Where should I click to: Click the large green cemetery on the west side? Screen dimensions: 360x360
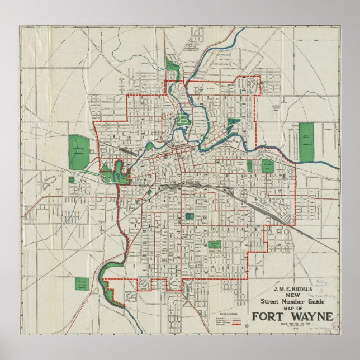[x=79, y=152]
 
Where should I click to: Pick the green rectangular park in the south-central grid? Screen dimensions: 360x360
[x=214, y=244]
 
